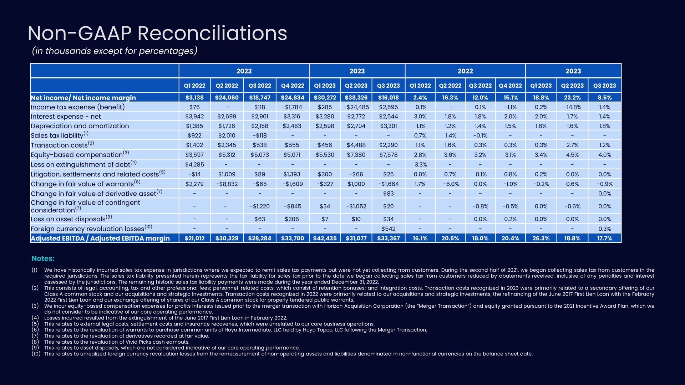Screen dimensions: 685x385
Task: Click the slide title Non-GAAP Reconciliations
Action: [x=157, y=34]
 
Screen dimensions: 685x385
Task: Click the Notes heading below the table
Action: [x=43, y=258]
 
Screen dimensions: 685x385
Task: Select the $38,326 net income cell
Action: [x=356, y=98]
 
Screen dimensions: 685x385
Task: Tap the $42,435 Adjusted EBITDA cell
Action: [x=325, y=238]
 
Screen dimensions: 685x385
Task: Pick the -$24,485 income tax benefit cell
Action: [x=356, y=107]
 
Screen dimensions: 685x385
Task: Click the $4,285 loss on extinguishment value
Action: [x=194, y=164]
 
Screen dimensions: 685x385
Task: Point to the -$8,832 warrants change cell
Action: [x=227, y=184]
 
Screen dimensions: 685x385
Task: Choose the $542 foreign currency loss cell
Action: [x=388, y=229]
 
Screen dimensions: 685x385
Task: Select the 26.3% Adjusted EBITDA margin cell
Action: [x=541, y=238]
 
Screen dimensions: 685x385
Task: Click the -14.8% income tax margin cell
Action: [x=572, y=107]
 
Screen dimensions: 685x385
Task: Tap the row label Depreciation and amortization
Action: [x=80, y=126]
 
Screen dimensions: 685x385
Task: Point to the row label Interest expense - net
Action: [x=66, y=117]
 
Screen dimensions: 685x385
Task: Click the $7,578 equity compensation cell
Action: [x=388, y=155]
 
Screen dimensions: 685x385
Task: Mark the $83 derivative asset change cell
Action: [x=388, y=193]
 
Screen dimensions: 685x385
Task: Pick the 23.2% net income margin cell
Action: [x=572, y=98]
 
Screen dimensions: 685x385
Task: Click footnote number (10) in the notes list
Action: [x=36, y=354]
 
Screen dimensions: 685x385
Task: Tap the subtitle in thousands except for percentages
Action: [x=114, y=51]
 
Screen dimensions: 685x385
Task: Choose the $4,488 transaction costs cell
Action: [x=356, y=145]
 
